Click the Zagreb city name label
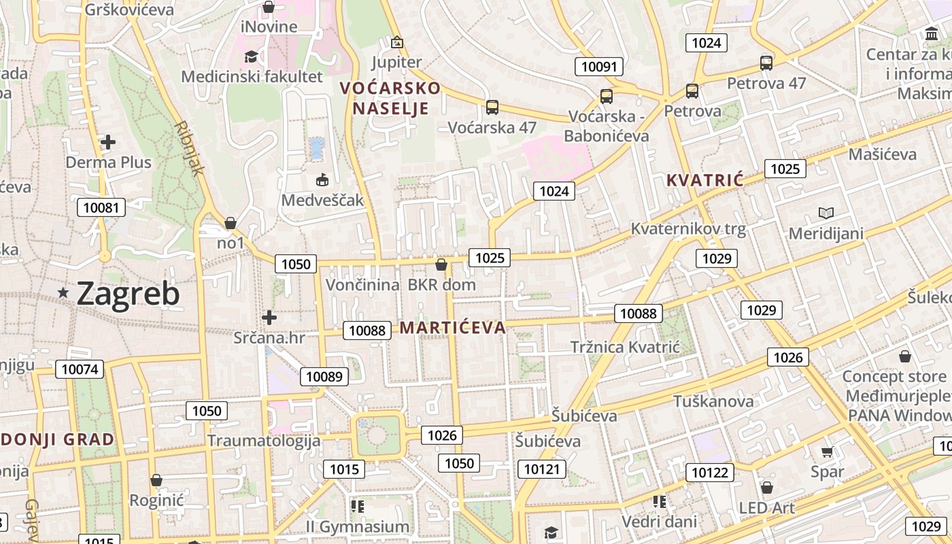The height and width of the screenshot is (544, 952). pos(128,294)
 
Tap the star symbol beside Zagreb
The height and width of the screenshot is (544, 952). pos(63,292)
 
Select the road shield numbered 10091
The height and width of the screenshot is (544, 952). pos(598,66)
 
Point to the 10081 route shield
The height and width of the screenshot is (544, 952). pos(101,207)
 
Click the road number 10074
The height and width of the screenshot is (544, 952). pos(80,369)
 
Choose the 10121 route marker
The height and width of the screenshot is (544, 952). pos(542,469)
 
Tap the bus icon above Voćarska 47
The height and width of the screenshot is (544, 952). pos(492,107)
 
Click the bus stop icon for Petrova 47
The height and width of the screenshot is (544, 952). pos(766,63)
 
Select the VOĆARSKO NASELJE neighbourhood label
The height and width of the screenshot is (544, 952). pos(390,98)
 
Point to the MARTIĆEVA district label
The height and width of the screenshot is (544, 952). pos(453,328)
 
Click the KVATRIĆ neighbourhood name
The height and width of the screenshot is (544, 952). pos(705,180)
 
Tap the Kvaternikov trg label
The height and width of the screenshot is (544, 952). pos(688,228)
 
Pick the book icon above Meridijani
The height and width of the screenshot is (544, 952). pos(826,214)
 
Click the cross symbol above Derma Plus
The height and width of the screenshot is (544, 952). pos(107,142)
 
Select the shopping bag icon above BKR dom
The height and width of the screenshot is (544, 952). pos(441,265)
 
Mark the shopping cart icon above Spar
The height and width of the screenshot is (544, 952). pos(827,452)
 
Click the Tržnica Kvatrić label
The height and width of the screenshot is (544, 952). pos(625,347)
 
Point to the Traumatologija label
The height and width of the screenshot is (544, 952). pos(264,440)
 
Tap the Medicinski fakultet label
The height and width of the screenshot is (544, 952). pos(252,77)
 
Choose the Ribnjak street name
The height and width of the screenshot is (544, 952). pos(188,149)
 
